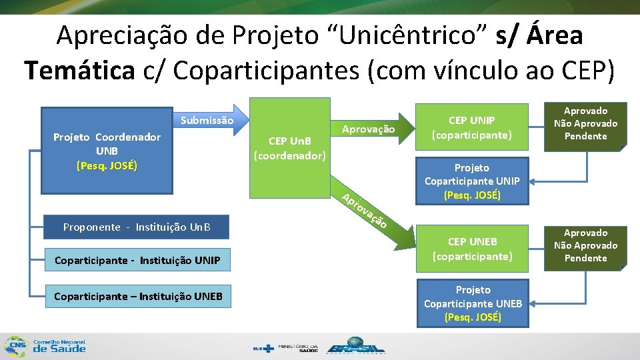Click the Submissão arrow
click(x=207, y=121)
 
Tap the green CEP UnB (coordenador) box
click(x=289, y=148)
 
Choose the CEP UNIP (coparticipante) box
click(x=472, y=127)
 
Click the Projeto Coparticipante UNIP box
click(x=472, y=181)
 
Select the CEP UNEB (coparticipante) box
click(x=472, y=249)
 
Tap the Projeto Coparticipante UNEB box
click(x=473, y=303)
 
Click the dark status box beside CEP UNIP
click(x=585, y=124)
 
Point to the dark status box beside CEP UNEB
click(x=585, y=245)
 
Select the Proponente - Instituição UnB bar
click(x=136, y=227)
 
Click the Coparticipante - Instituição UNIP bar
click(x=137, y=260)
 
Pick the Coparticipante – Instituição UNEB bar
click(x=137, y=296)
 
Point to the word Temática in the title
click(x=79, y=69)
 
